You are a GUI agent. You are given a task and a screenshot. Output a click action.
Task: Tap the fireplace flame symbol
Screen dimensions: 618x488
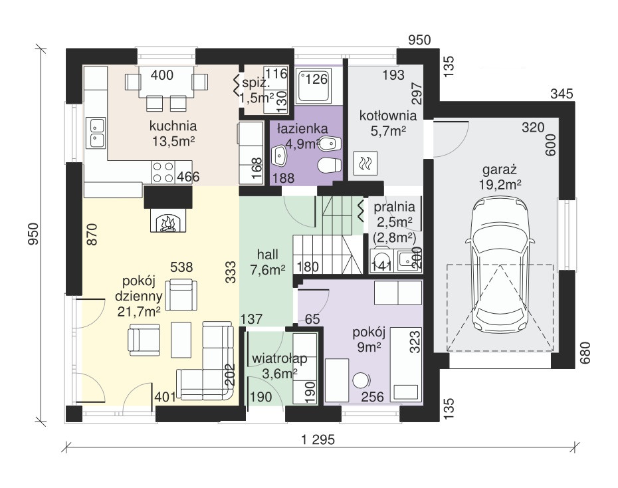pos(168,223)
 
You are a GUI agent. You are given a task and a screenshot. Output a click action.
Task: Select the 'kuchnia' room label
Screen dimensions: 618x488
pos(173,126)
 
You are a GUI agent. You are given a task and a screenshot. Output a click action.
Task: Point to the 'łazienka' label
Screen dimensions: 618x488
pos(302,128)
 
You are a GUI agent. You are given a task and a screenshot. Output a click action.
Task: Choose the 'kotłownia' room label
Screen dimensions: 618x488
pos(388,116)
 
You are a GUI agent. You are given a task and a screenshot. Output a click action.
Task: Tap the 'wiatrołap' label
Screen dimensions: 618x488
pos(280,359)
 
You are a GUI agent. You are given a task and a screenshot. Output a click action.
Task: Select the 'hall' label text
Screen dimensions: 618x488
pos(268,254)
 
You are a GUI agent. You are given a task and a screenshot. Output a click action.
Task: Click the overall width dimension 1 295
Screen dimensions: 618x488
pos(318,439)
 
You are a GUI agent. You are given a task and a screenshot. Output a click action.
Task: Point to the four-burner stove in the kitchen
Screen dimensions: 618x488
pos(163,172)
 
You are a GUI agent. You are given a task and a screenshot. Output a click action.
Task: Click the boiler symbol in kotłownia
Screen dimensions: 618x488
pos(365,163)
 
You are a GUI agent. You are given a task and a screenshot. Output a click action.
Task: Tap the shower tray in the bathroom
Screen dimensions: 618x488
pos(314,85)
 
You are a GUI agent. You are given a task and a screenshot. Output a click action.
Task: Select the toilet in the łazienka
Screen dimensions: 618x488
pos(330,165)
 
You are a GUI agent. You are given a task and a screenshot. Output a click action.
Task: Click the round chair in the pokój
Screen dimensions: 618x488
pos(361,381)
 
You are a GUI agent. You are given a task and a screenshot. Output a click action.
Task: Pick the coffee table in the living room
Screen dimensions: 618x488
pos(181,340)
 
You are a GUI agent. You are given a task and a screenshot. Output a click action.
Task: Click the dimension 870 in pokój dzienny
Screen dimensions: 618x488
pos(92,235)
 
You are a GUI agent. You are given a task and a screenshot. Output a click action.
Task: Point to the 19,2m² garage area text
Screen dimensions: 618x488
pos(500,184)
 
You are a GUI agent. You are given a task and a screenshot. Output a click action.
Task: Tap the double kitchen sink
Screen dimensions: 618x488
pos(97,132)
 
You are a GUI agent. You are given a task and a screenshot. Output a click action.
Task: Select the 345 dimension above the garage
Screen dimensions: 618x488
pos(562,94)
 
